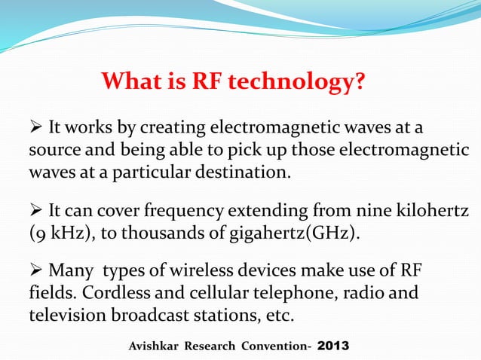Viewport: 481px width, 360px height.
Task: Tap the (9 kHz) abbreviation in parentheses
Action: point(54,231)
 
